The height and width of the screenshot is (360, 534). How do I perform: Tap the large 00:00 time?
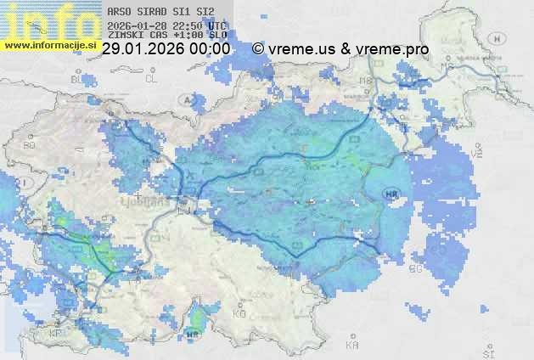pos(210,49)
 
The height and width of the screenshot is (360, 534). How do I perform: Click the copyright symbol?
pos(258,49)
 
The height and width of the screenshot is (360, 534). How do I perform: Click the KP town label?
pos(56,334)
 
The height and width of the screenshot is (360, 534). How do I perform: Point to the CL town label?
pos(152,79)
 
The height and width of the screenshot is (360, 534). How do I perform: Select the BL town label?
pos(79,79)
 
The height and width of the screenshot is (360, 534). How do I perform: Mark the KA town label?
pos(353,346)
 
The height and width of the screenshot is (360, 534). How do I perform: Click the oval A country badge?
pos(188,100)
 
